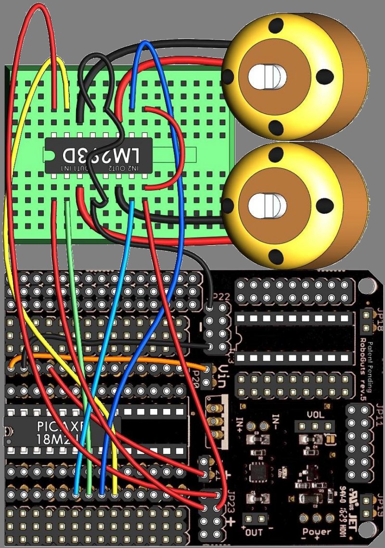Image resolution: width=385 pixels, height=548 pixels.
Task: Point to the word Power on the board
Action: click(316, 532)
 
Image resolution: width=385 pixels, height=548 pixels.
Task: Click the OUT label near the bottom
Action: click(254, 533)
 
